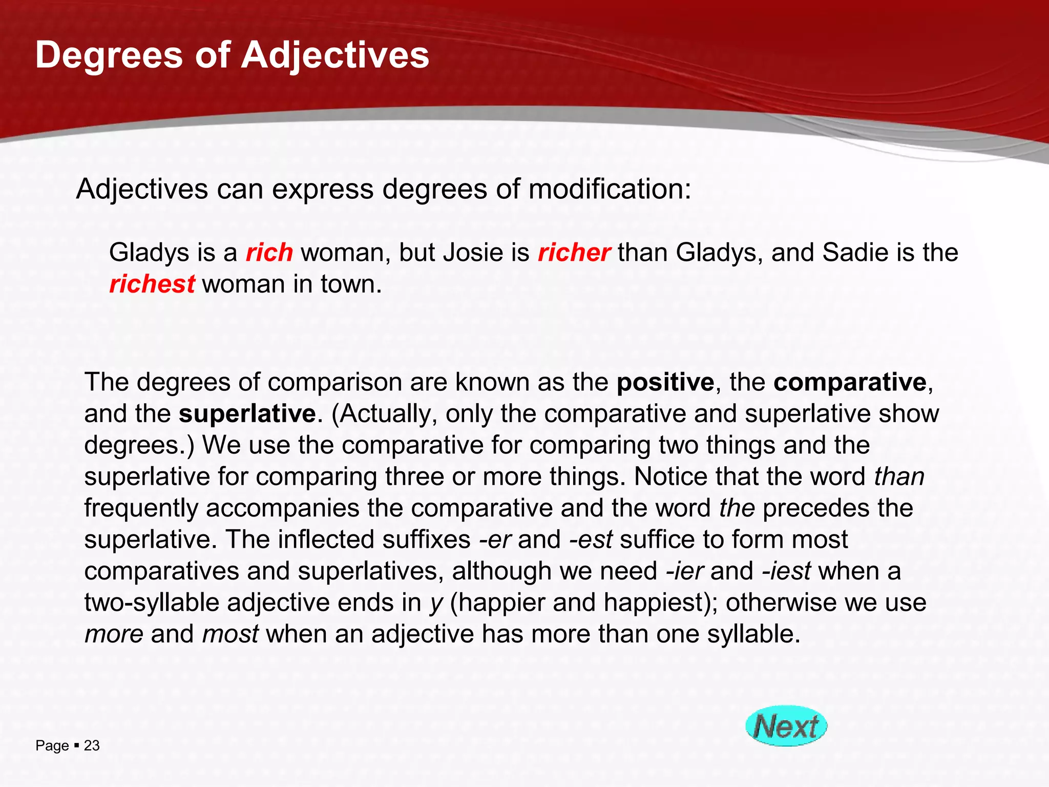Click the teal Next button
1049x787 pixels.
[x=786, y=726]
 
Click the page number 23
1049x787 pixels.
[x=92, y=745]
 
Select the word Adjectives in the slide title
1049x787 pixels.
[x=335, y=55]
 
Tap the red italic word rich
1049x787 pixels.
[x=269, y=253]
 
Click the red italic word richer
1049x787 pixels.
[x=574, y=253]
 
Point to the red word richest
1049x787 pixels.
[x=152, y=284]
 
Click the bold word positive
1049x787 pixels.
[x=665, y=382]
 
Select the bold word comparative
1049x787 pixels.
[x=850, y=382]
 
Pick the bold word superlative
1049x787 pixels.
[x=247, y=414]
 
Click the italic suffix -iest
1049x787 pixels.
[x=786, y=571]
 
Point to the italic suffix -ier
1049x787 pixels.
[x=685, y=571]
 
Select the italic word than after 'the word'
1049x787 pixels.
[x=899, y=477]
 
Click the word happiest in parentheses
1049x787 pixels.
[x=654, y=603]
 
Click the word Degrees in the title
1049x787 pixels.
[x=109, y=55]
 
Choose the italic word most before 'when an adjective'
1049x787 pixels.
[x=230, y=634]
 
